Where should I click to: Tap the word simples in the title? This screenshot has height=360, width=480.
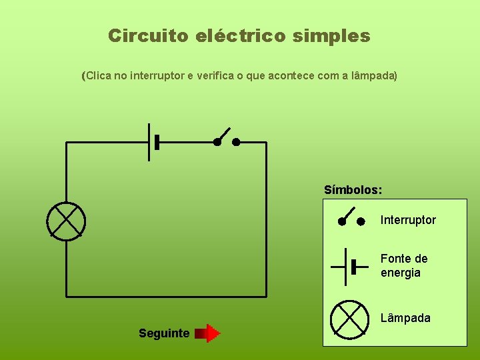pyautogui.click(x=331, y=35)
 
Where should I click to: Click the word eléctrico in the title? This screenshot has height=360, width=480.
pyautogui.click(x=241, y=35)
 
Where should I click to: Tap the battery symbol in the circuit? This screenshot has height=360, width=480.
pyautogui.click(x=153, y=142)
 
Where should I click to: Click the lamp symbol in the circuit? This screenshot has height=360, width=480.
pyautogui.click(x=66, y=219)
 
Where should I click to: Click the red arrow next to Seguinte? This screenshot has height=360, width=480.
pyautogui.click(x=209, y=333)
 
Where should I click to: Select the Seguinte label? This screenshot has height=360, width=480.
pyautogui.click(x=164, y=333)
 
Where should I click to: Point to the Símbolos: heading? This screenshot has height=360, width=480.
pyautogui.click(x=353, y=190)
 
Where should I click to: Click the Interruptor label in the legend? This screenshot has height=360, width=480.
pyautogui.click(x=408, y=220)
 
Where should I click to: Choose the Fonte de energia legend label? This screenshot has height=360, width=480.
pyautogui.click(x=404, y=265)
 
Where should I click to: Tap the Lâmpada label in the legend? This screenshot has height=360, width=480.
pyautogui.click(x=405, y=318)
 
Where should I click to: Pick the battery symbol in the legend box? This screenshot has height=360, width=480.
pyautogui.click(x=350, y=266)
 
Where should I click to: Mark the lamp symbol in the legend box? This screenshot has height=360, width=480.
pyautogui.click(x=350, y=318)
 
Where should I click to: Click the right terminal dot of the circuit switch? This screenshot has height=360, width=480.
pyautogui.click(x=236, y=142)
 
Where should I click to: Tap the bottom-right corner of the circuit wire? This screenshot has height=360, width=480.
pyautogui.click(x=266, y=296)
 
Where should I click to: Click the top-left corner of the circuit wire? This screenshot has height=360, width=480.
pyautogui.click(x=66, y=142)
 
